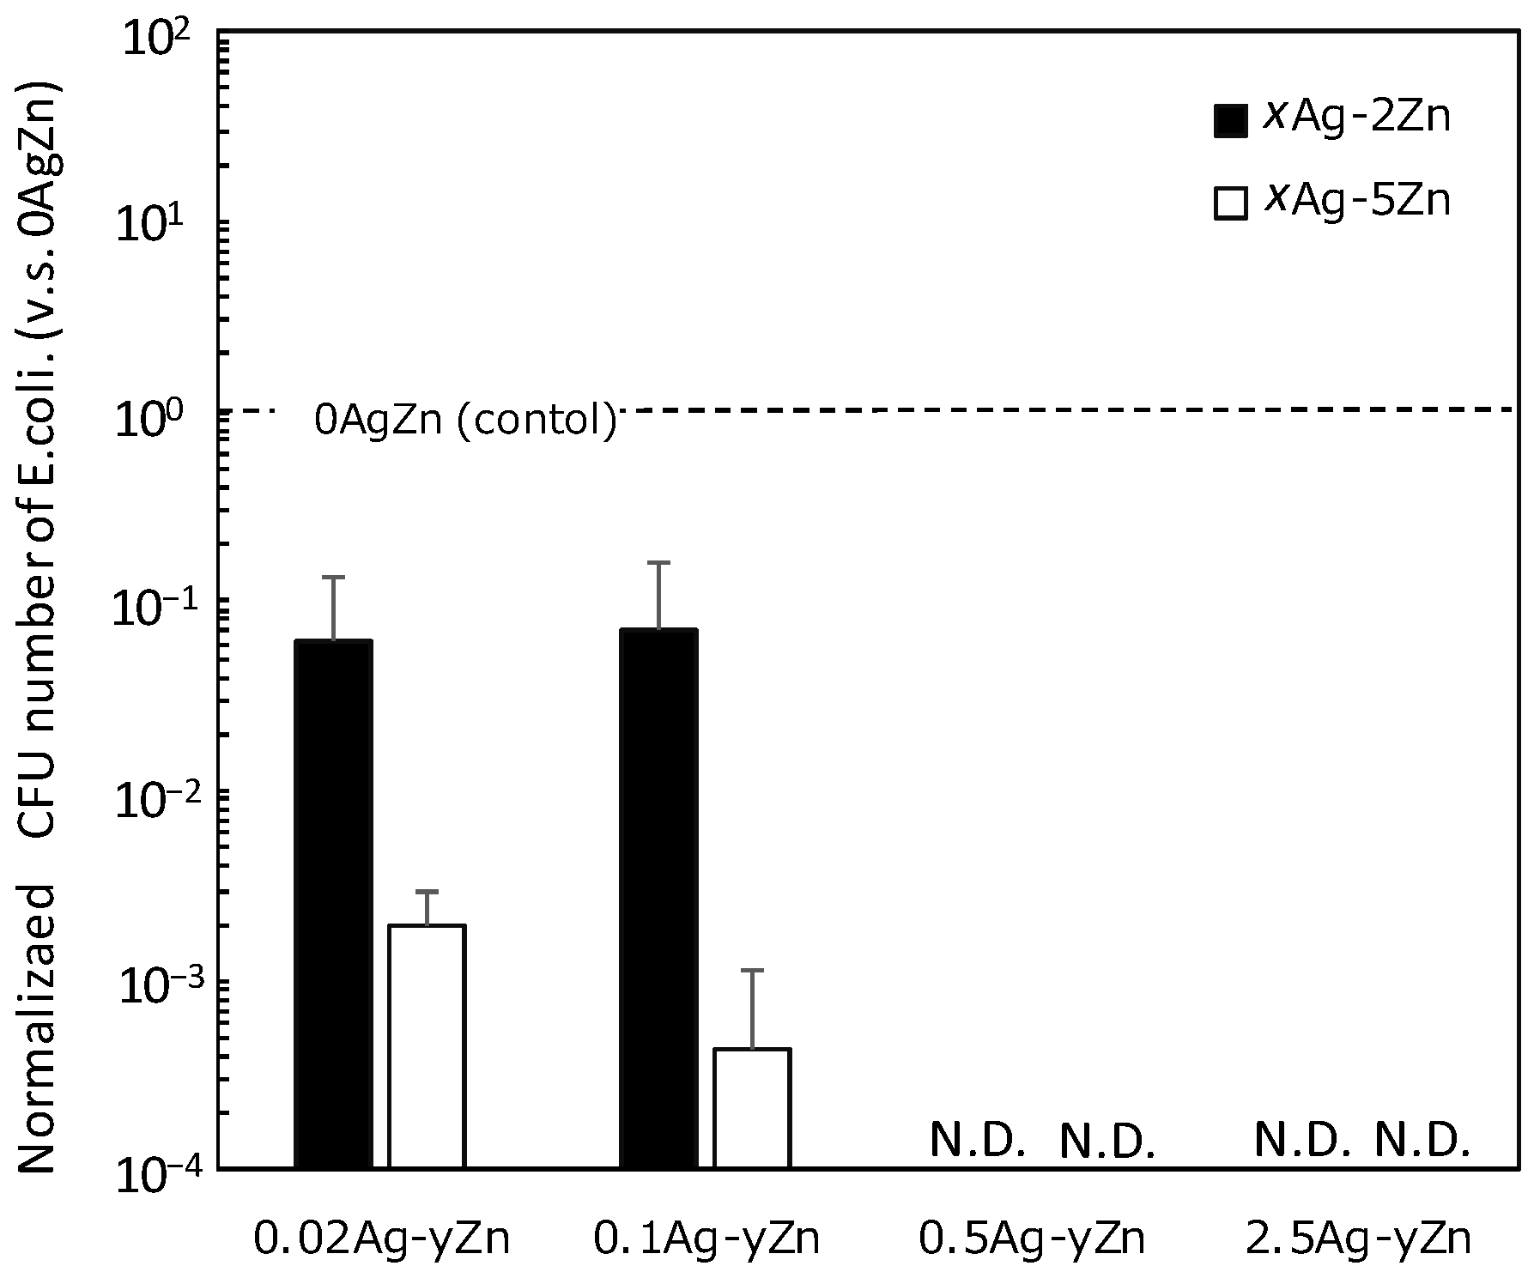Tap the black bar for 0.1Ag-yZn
pos(658,898)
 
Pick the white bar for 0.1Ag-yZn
pos(752,1107)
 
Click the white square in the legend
pos(1230,204)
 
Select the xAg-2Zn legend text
pos(1356,118)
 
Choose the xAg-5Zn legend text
pos(1356,201)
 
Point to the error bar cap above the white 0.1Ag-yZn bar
pos(752,970)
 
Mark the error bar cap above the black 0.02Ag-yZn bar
pos(333,577)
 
